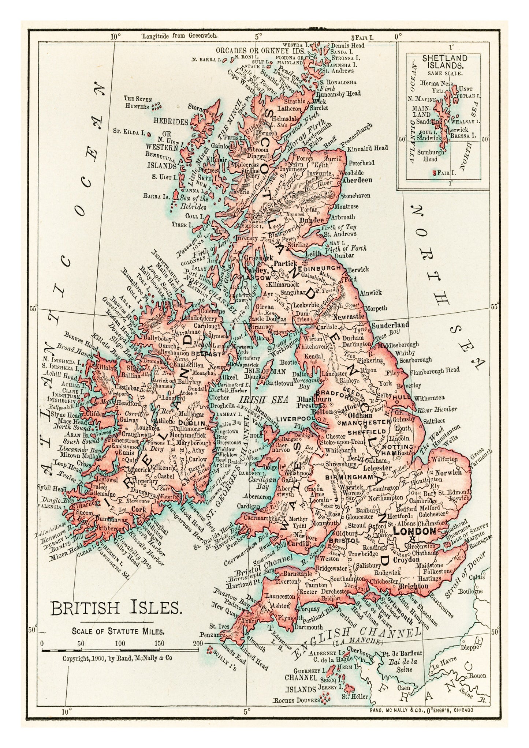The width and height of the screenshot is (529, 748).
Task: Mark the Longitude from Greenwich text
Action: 180,36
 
